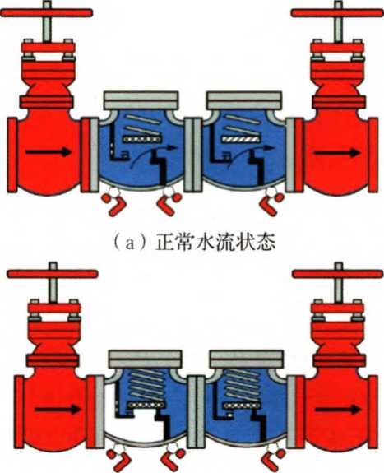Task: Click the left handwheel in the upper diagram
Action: point(46,12)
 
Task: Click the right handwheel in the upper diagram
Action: point(337,12)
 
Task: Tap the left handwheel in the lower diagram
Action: point(52,274)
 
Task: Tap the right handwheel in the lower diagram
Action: point(338,274)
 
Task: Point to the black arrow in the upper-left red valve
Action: point(49,152)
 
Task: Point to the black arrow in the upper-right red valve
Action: point(337,153)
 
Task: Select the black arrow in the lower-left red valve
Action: point(58,410)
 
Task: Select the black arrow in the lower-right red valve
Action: point(338,410)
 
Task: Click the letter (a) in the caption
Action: point(130,243)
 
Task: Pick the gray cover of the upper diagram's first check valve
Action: point(141,100)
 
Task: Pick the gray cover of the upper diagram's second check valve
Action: point(244,100)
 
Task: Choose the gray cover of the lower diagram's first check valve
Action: point(145,359)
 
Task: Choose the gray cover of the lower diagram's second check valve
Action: point(247,359)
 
